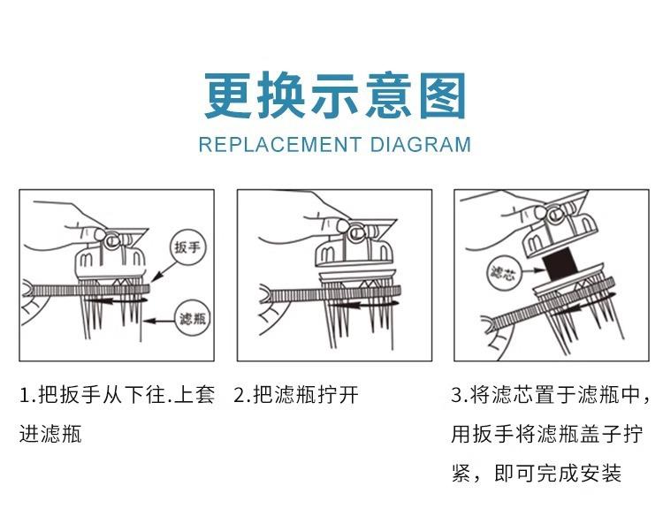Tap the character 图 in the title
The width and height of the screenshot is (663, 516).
tap(443, 95)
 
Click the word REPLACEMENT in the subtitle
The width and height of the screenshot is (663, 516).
tap(280, 145)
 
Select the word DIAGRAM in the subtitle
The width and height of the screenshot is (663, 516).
tap(420, 145)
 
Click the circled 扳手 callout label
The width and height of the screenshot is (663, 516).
tap(187, 247)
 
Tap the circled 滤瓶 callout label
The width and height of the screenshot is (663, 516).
tap(193, 318)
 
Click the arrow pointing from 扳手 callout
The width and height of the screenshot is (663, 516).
tap(164, 271)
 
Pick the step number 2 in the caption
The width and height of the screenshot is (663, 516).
tap(240, 396)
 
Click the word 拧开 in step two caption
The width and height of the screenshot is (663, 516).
tap(338, 396)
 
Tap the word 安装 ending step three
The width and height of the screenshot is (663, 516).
tap(600, 474)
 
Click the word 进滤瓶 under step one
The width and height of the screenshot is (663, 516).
tap(50, 434)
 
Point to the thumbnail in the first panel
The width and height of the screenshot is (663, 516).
tap(100, 233)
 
